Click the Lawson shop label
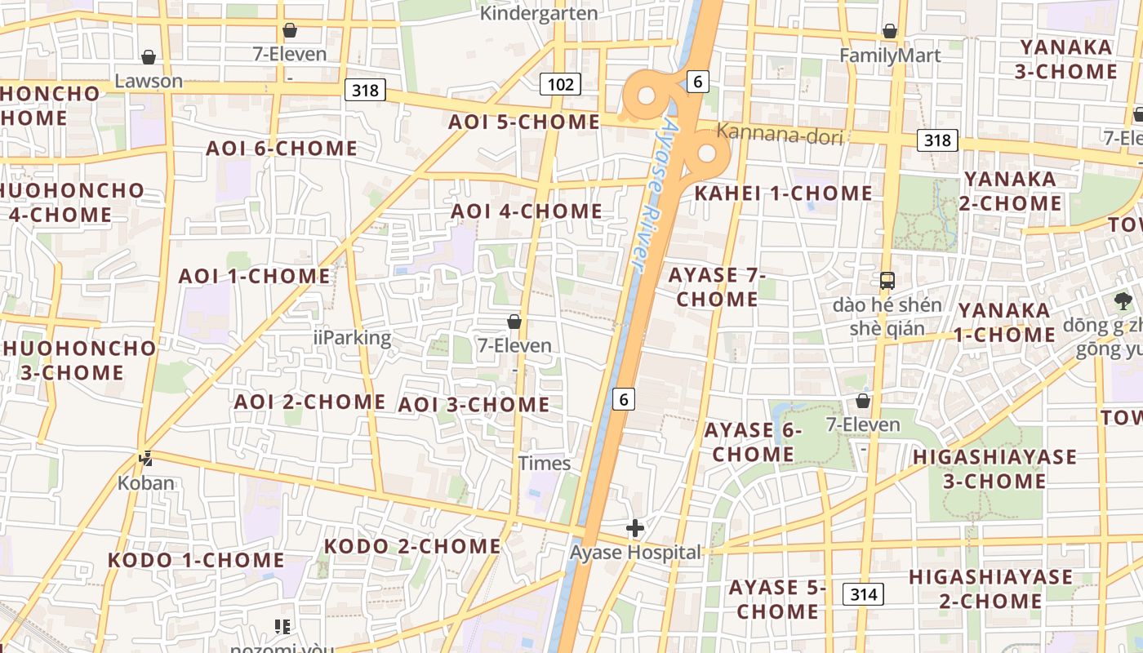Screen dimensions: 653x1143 point(149,81)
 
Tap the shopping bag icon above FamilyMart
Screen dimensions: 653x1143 point(890,31)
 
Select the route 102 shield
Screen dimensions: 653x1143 point(560,83)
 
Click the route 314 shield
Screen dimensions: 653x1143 point(863,594)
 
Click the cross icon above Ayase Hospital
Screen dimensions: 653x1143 point(634,528)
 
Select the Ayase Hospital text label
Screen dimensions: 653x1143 point(635,553)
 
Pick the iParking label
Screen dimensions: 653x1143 point(352,337)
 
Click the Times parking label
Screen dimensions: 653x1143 point(545,464)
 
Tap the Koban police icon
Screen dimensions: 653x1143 point(146,460)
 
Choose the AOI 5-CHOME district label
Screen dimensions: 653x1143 point(524,122)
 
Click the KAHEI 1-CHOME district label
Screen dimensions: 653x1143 point(783,193)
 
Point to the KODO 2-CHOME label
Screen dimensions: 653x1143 point(412,546)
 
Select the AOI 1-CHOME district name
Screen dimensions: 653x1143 point(254,276)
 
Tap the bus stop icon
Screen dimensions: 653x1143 point(887,281)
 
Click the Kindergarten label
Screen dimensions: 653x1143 point(539,13)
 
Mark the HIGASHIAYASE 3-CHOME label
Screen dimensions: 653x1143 point(994,469)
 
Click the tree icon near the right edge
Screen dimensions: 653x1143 point(1123,301)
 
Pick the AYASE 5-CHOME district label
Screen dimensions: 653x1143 point(778,599)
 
